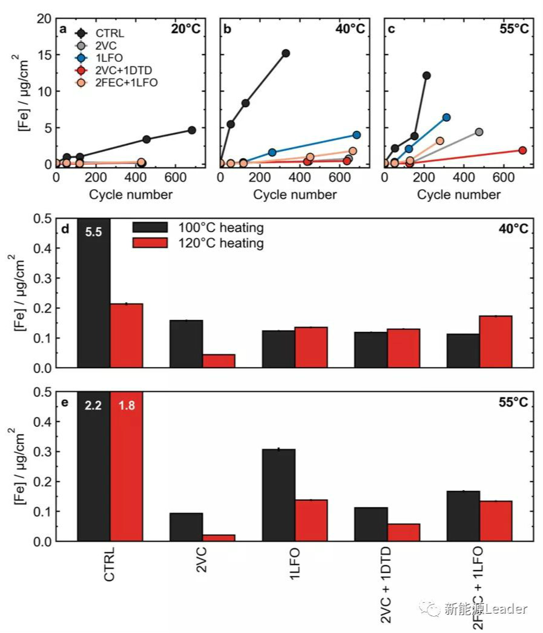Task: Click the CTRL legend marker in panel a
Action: tap(79, 33)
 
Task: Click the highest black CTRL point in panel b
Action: tap(286, 53)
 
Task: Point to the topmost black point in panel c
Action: tap(426, 76)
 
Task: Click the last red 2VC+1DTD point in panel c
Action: tap(522, 150)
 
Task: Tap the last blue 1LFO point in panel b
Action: tap(357, 135)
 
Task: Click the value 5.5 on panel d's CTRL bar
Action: tap(93, 231)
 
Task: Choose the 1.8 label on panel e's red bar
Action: tap(126, 406)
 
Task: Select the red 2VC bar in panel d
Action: tap(219, 361)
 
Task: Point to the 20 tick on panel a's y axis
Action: tap(45, 19)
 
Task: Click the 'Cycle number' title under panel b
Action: tap(295, 194)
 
